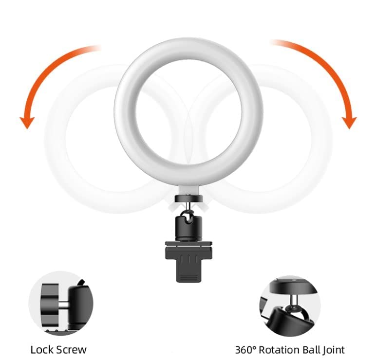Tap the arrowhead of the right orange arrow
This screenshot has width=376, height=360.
click(x=349, y=122)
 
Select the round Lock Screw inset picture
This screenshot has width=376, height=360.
click(x=60, y=304)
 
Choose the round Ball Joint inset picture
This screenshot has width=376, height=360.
click(x=290, y=304)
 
